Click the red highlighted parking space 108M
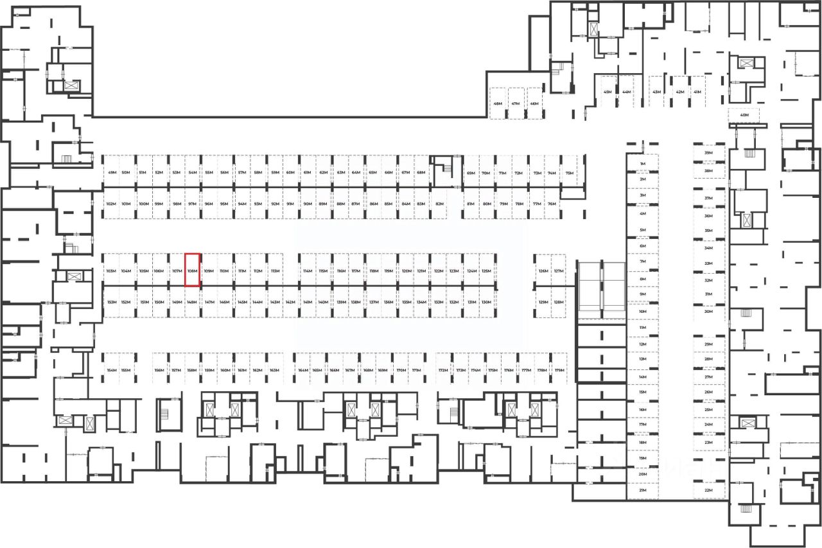tap(192, 270)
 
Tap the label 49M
tap(112, 173)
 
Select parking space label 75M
tap(569, 173)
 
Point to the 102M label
tap(110, 204)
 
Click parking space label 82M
tap(439, 204)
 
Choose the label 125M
tap(486, 271)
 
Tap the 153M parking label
tap(111, 302)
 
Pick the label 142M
tap(290, 302)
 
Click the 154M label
tap(111, 371)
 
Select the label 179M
tap(559, 371)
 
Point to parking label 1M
tap(642, 164)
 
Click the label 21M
tap(642, 490)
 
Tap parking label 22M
tap(708, 490)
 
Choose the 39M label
tap(708, 154)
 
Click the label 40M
tap(744, 116)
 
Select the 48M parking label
tap(498, 103)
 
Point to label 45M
tap(607, 92)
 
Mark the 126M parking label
tap(543, 271)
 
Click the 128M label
tap(559, 302)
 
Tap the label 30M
tap(708, 312)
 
